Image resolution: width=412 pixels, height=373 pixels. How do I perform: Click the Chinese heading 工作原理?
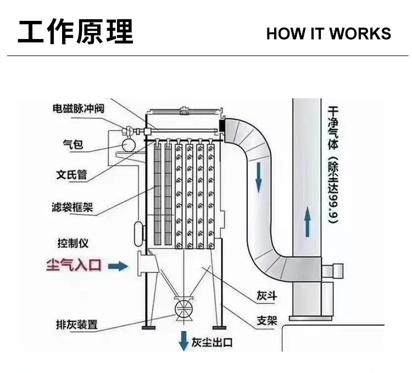coord(75,31)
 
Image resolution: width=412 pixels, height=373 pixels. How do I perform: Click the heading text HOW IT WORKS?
coord(328,33)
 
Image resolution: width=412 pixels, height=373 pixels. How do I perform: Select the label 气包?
coord(73,144)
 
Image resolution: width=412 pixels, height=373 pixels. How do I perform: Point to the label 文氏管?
coord(72,175)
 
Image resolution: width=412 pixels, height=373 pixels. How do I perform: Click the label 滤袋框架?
coord(72,208)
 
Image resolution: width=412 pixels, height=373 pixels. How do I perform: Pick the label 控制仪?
coord(73,242)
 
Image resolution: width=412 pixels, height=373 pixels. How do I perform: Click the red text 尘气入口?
coord(73,266)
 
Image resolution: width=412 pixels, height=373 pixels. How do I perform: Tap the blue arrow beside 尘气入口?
coord(117,266)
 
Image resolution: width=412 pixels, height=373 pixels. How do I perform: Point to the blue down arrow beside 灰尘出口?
coord(182,342)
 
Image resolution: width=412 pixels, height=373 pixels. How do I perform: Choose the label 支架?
coord(267,320)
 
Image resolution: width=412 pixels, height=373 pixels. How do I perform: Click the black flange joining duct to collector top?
coord(222,125)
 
